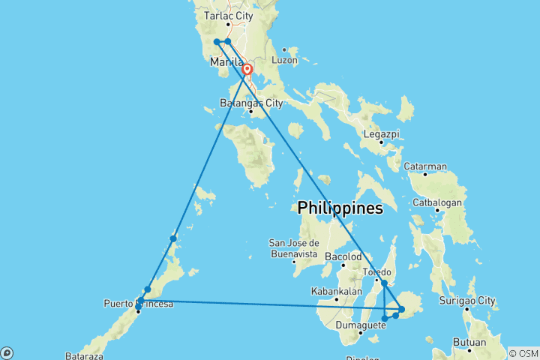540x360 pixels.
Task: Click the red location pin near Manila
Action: tap(247, 70)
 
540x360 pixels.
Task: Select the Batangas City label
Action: tap(251, 103)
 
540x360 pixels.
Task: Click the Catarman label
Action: tap(425, 166)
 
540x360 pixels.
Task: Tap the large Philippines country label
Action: tap(340, 208)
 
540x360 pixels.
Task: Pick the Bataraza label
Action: tap(83, 354)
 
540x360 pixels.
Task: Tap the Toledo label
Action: tap(376, 271)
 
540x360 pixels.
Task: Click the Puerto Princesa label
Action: tap(139, 303)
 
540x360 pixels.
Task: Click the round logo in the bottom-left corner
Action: tap(7, 352)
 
